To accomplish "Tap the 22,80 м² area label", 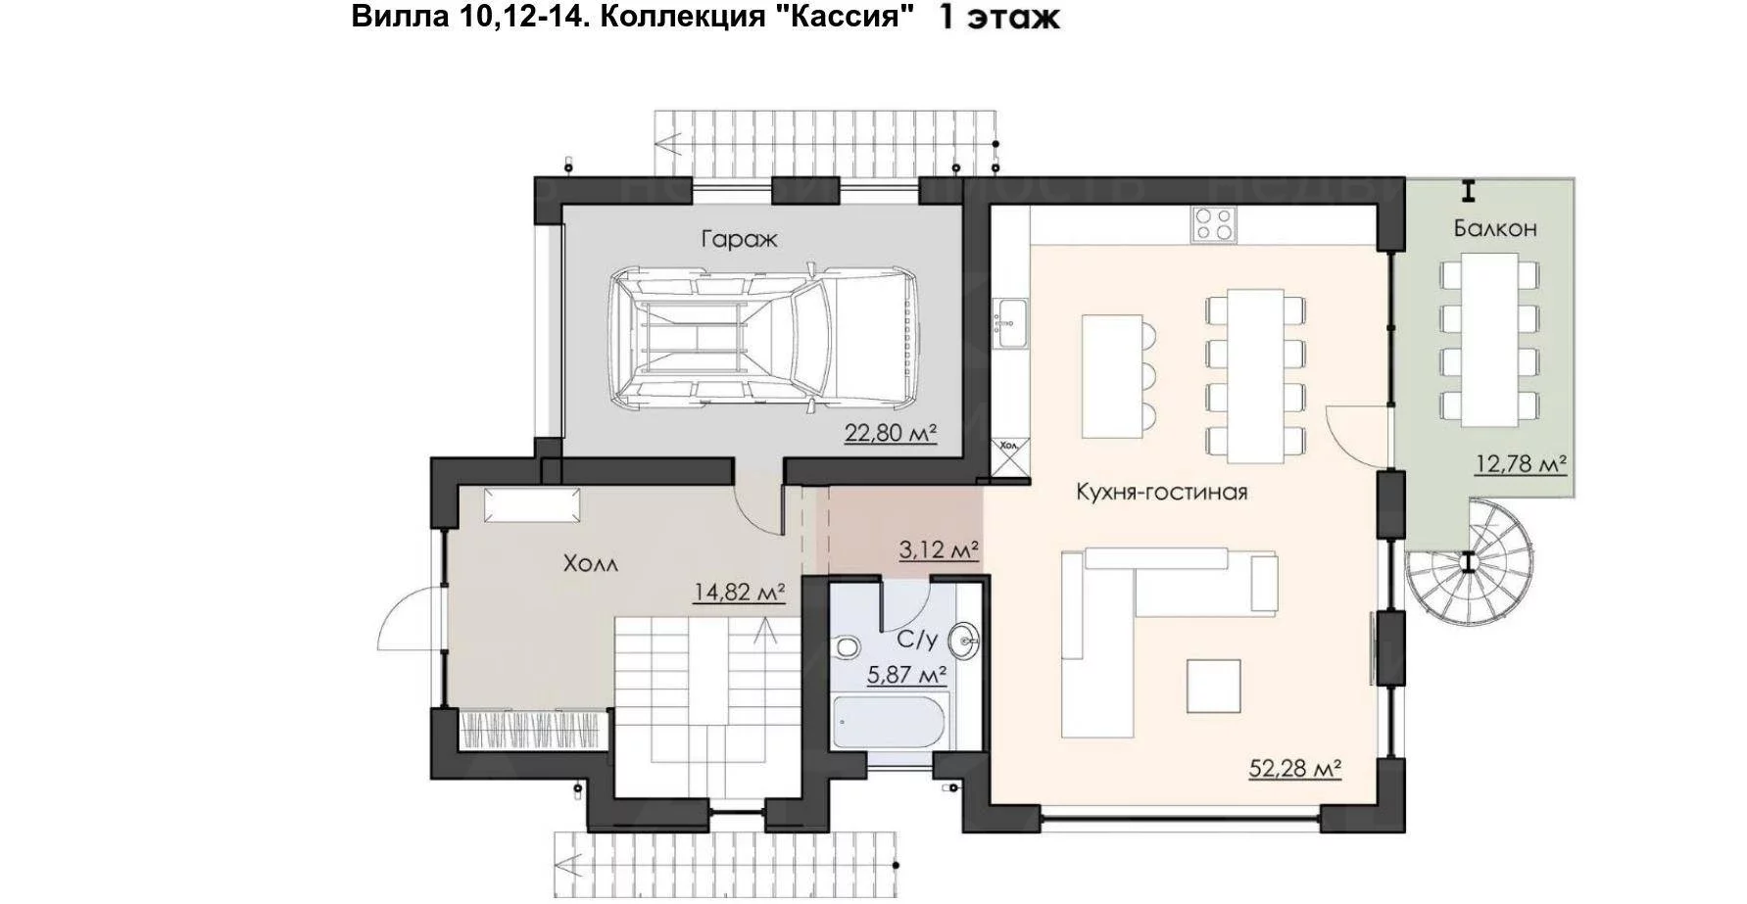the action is click(891, 433).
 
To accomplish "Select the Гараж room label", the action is click(739, 239).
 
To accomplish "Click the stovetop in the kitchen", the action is click(1213, 224).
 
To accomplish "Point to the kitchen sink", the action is click(1009, 322).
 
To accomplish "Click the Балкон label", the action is click(1495, 228).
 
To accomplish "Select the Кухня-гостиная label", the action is click(1162, 492).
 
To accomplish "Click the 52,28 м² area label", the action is click(1294, 769).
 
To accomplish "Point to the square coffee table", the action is click(1214, 686).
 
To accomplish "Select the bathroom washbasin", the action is click(965, 642).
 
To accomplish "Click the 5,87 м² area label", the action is click(907, 675).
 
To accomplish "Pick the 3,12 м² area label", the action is click(940, 550).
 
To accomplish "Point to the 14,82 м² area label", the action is click(740, 593).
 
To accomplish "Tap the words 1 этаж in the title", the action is click(999, 18).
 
